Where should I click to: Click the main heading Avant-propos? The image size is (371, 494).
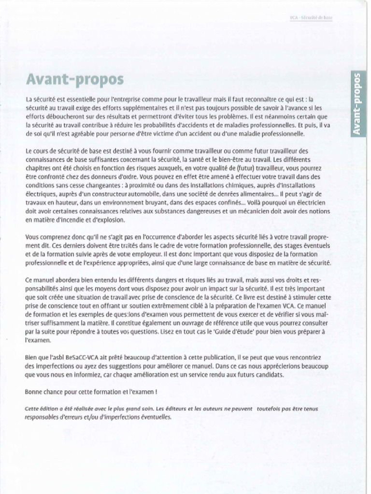click(74, 79)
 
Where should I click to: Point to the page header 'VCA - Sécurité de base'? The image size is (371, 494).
click(311, 18)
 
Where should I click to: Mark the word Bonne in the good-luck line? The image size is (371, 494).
click(34, 391)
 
